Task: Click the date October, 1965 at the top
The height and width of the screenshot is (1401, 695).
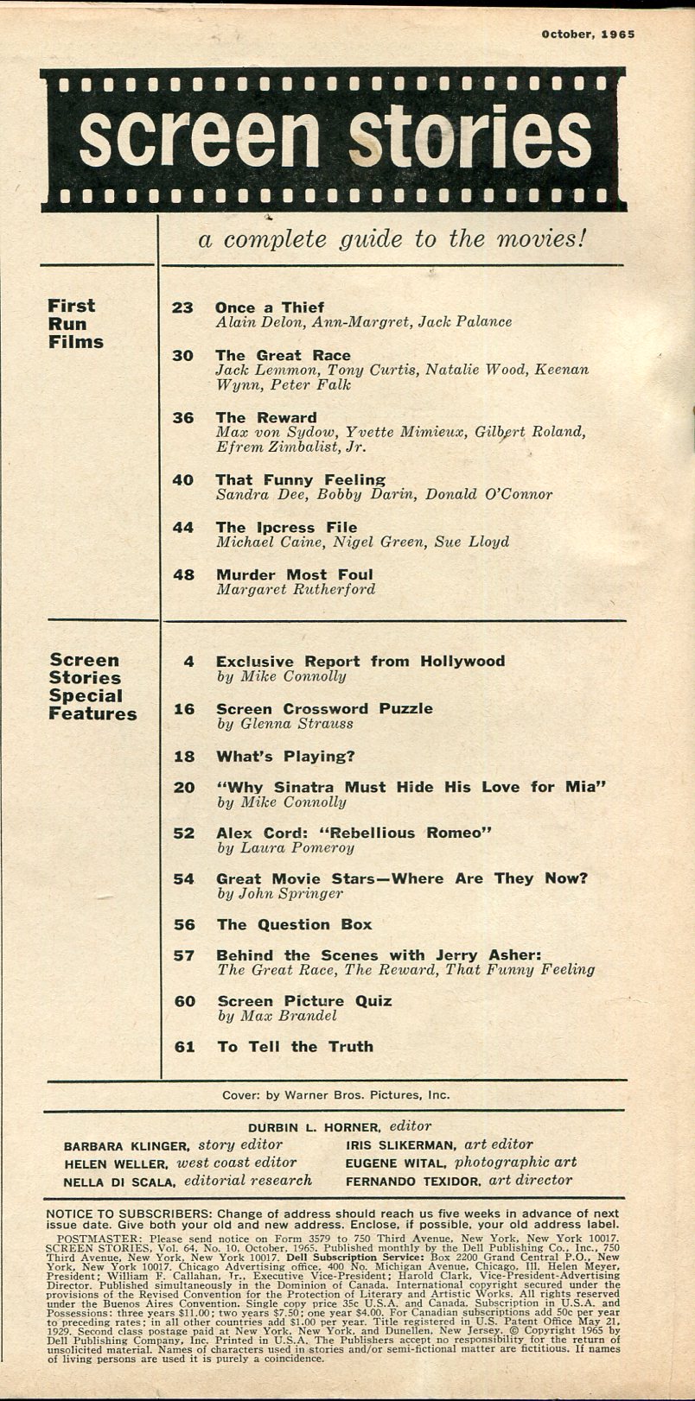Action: [x=588, y=35]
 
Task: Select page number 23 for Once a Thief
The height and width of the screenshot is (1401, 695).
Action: [x=182, y=307]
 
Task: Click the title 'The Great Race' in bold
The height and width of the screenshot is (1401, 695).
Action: [x=283, y=355]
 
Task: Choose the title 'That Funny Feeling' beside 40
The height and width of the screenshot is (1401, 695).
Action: [x=300, y=479]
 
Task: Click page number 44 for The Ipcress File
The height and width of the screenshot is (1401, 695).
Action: [x=182, y=527]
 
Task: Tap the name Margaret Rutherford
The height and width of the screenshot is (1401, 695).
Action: [x=296, y=590]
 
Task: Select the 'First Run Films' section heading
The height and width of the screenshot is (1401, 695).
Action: [x=75, y=324]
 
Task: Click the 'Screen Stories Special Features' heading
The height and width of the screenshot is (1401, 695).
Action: [x=92, y=688]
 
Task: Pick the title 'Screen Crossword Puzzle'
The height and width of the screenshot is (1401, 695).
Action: [x=324, y=708]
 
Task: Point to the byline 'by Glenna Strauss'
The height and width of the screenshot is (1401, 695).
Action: [x=284, y=724]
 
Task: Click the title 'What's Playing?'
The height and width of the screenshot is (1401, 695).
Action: [x=285, y=756]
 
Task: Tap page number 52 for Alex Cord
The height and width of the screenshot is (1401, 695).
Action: [x=183, y=833]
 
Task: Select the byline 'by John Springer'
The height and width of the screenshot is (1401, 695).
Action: [x=280, y=894]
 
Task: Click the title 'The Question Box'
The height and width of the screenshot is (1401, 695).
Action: [x=294, y=924]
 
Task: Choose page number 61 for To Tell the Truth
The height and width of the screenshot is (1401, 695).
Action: [x=184, y=1047]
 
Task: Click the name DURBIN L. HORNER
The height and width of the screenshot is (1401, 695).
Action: [x=315, y=1127]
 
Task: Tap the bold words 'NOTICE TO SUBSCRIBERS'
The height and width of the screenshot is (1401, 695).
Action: [x=129, y=1214]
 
